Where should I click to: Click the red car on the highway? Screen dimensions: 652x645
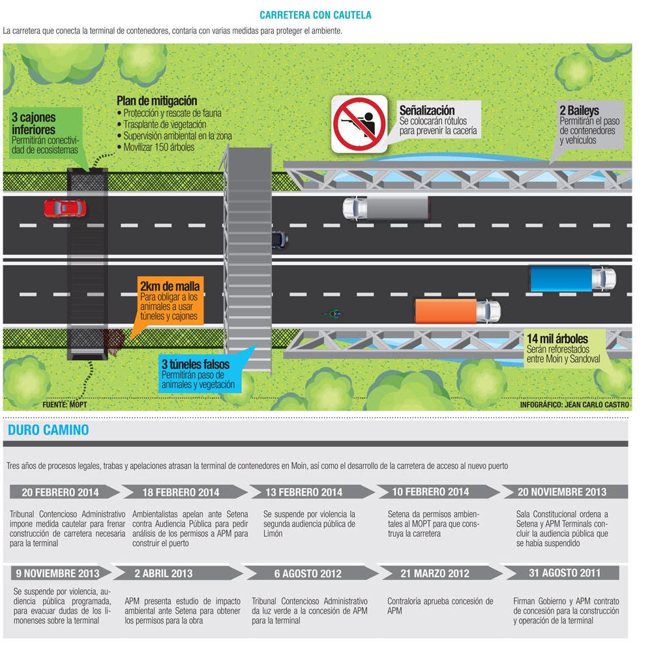[65, 208]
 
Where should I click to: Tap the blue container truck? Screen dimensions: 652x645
[573, 278]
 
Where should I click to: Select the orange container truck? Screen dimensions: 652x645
[458, 311]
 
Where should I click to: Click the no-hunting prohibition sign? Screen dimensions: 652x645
[359, 124]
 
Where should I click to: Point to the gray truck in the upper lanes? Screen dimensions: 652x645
[386, 208]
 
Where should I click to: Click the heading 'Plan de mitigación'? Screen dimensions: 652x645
[156, 101]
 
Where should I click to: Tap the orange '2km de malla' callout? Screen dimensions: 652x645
[171, 300]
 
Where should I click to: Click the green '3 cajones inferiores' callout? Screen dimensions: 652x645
[46, 133]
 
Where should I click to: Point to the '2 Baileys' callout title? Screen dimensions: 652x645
[579, 111]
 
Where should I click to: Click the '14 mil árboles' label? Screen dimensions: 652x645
[557, 339]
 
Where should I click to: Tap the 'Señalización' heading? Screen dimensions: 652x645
[427, 110]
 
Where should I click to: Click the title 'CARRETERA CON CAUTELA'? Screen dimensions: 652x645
[315, 16]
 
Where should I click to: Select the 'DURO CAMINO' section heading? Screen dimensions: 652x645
[48, 430]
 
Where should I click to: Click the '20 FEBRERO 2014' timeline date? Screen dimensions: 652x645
[60, 493]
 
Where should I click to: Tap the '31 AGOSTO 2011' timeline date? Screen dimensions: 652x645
[565, 573]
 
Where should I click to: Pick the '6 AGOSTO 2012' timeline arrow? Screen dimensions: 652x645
[309, 573]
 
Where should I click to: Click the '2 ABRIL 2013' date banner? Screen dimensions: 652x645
[177, 573]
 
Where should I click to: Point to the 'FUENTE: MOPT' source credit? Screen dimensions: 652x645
[65, 405]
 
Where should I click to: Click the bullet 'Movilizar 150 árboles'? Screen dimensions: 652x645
[159, 147]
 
